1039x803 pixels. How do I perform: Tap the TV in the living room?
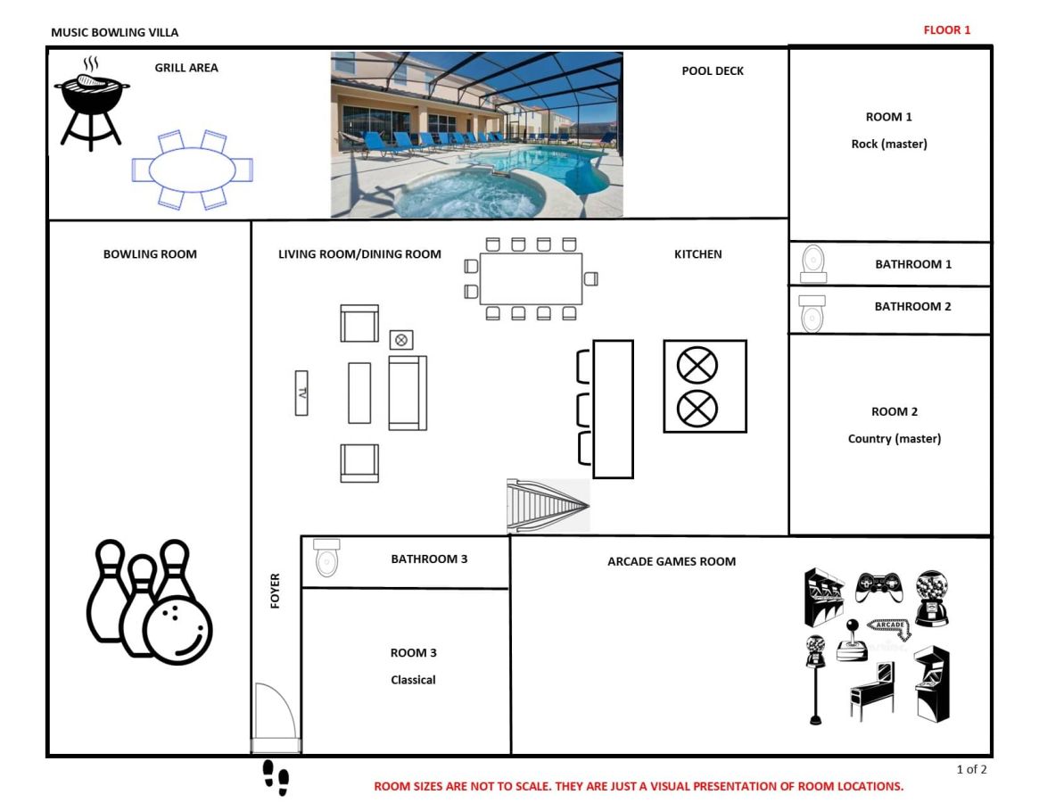tap(301, 393)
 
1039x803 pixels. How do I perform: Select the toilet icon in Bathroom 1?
tap(813, 264)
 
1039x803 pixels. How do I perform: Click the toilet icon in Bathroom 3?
tap(326, 558)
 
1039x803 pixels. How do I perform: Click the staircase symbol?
tap(548, 506)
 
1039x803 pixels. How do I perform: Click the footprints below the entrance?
tap(276, 778)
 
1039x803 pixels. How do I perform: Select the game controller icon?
tap(878, 587)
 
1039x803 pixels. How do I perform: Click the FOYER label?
tap(275, 590)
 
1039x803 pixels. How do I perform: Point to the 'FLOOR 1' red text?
tap(947, 29)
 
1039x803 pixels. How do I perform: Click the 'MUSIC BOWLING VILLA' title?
tap(115, 32)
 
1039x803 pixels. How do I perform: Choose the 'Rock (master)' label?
tap(889, 144)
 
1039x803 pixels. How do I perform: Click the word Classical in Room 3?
tap(413, 680)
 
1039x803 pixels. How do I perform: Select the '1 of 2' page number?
tap(971, 769)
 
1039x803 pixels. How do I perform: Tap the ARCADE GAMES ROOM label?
tap(672, 561)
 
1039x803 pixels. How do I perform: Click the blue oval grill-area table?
tap(192, 170)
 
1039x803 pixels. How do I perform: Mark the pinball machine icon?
tap(872, 691)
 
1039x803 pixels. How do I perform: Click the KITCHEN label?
tap(697, 254)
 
